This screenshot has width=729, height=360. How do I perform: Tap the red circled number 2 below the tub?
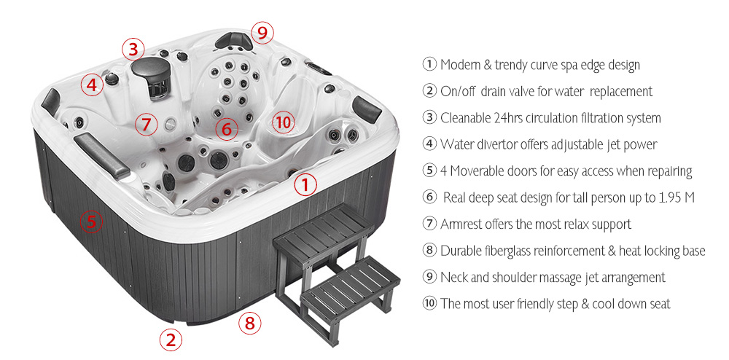click(171, 339)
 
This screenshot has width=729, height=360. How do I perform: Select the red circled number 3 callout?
click(132, 50)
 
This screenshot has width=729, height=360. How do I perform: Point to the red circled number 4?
click(92, 85)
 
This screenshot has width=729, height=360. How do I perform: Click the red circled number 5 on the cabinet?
click(90, 221)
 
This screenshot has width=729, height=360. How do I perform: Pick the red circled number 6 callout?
click(227, 130)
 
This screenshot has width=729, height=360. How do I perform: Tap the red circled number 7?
click(146, 124)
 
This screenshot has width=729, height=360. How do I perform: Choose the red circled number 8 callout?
click(250, 322)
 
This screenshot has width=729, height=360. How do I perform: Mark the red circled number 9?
click(262, 32)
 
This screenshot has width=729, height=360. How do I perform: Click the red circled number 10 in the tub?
click(283, 122)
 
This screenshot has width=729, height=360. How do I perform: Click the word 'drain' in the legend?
click(496, 91)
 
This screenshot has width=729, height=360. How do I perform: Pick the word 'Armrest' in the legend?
click(461, 224)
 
